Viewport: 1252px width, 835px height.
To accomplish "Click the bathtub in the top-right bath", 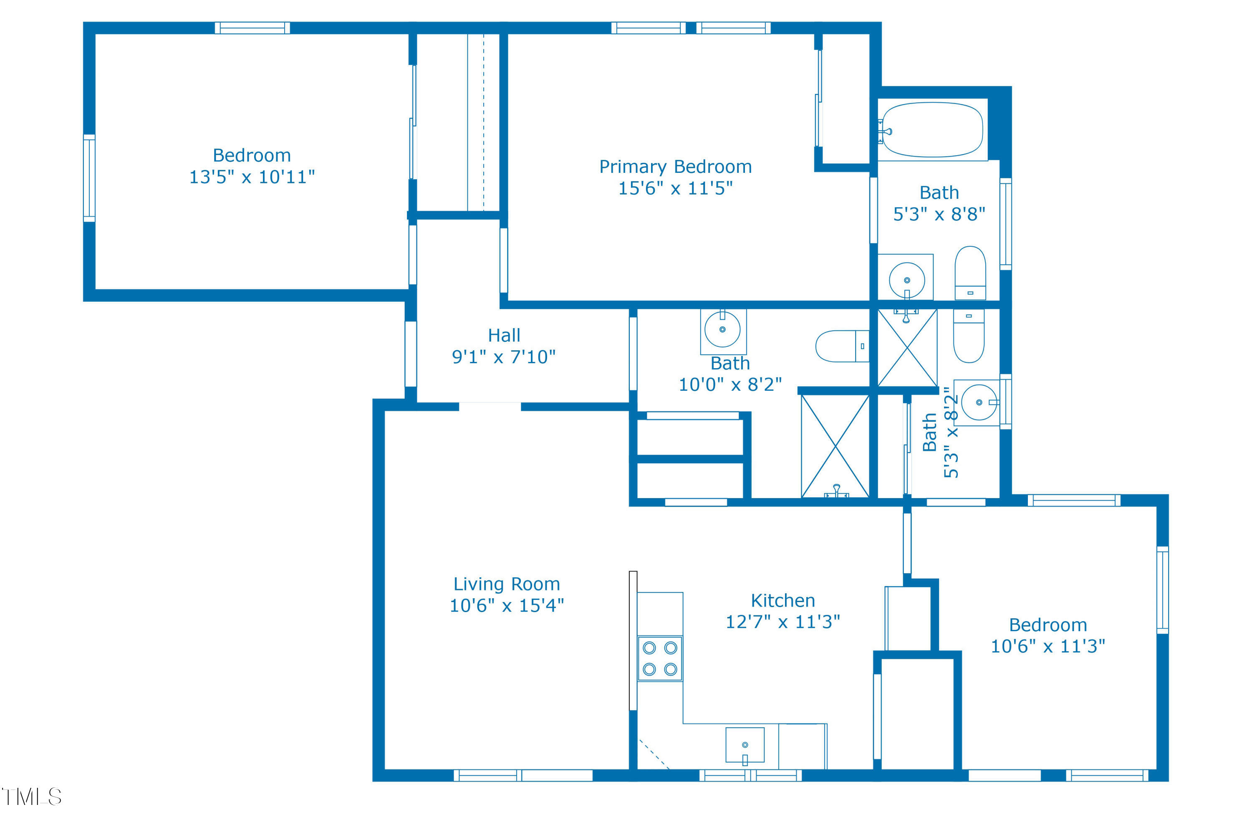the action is coord(933,129).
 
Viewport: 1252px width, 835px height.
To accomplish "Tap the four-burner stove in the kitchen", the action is coord(660,658).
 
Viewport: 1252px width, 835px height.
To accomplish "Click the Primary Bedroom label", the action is coord(676,167).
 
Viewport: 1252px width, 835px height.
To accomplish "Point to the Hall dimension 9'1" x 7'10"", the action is coord(504,357).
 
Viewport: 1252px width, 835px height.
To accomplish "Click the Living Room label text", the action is coord(506,584).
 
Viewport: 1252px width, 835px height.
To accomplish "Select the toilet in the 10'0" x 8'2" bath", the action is coord(842,346).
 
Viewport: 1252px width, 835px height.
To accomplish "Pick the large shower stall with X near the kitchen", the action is coord(835,446).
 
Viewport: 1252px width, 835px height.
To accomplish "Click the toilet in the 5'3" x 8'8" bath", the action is coord(970,273).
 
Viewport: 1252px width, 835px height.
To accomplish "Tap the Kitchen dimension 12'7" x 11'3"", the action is coord(783,622).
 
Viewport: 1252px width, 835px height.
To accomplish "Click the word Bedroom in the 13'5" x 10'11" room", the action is coord(252,155).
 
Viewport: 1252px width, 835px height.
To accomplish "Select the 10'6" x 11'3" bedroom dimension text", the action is coord(1048,646).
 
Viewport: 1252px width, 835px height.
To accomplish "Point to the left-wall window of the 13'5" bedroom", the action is coord(89,178).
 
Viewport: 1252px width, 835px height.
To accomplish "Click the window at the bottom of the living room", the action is coord(523,775).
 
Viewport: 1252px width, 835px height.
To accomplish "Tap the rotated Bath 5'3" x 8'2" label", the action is coord(940,433).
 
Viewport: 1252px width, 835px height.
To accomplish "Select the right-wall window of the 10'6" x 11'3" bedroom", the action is coord(1163,590).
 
